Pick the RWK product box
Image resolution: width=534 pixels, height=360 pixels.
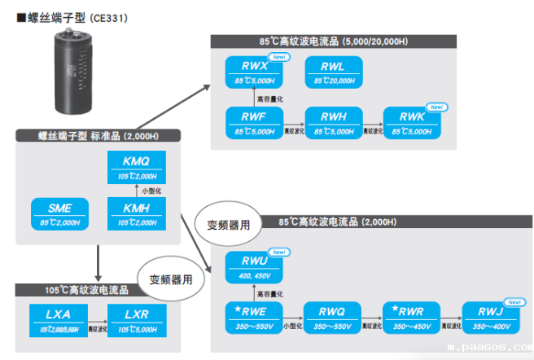coord(412,122)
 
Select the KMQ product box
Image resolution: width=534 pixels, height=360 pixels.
coord(136,168)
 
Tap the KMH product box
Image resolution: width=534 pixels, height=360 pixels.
coord(136,213)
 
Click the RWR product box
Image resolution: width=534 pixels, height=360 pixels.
coord(410,317)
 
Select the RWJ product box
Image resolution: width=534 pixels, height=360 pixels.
coord(490,317)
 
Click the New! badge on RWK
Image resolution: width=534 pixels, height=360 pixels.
coord(436,107)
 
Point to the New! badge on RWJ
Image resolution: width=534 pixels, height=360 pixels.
coord(514,301)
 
